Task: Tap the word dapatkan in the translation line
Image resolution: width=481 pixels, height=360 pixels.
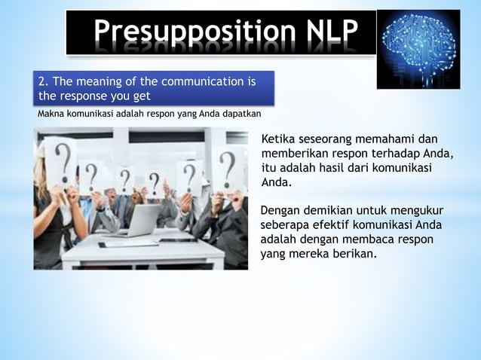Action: pyautogui.click(x=240, y=115)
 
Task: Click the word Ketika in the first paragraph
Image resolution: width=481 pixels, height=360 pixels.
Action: pyautogui.click(x=278, y=140)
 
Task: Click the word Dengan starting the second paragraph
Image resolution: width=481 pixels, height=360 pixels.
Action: pyautogui.click(x=279, y=211)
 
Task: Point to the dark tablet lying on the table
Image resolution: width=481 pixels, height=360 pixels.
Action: pyautogui.click(x=175, y=239)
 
